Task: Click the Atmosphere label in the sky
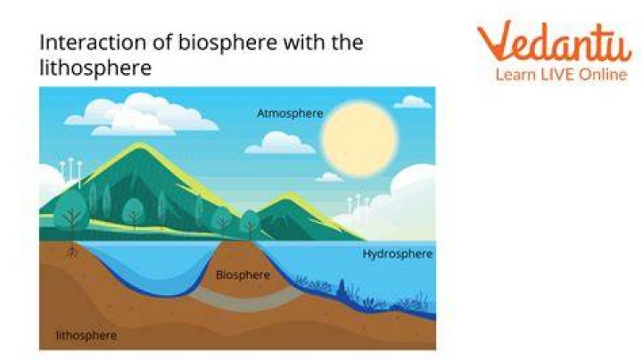pyautogui.click(x=290, y=113)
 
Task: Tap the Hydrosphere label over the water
pyautogui.click(x=398, y=254)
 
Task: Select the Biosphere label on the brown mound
pyautogui.click(x=243, y=274)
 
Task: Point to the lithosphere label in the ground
pyautogui.click(x=86, y=335)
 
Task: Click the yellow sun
pyautogui.click(x=359, y=139)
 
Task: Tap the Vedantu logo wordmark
pyautogui.click(x=555, y=41)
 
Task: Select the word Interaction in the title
pyautogui.click(x=93, y=42)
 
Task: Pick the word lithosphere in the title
pyautogui.click(x=95, y=68)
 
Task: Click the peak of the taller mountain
pyautogui.click(x=140, y=144)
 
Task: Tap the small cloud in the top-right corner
pyautogui.click(x=412, y=102)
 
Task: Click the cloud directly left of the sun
pyautogui.click(x=280, y=143)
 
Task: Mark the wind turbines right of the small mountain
pyautogui.click(x=358, y=205)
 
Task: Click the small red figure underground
pyautogui.click(x=72, y=253)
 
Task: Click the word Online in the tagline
pyautogui.click(x=604, y=75)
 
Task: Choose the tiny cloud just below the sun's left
pyautogui.click(x=329, y=177)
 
